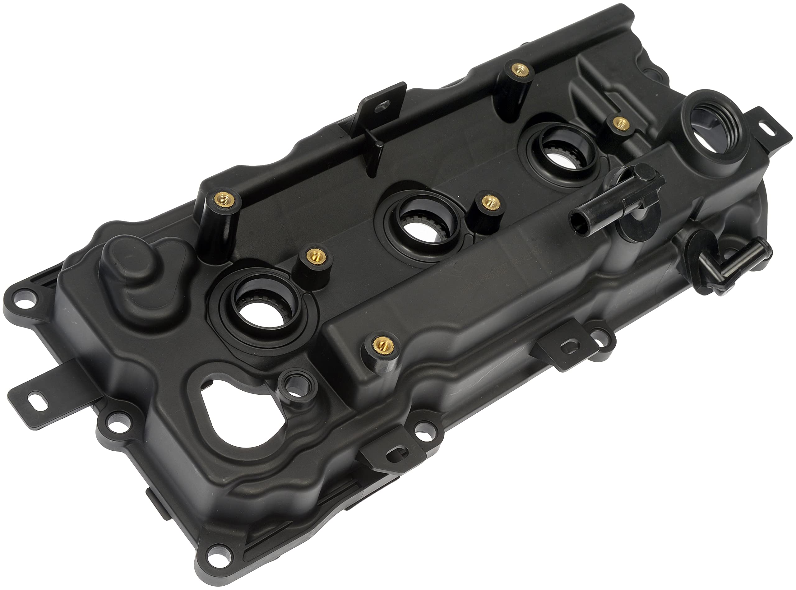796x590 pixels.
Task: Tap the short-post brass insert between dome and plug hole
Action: tap(314, 255)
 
